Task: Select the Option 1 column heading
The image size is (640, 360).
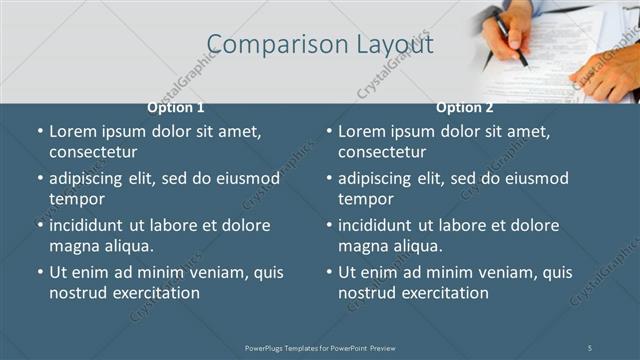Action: point(176,108)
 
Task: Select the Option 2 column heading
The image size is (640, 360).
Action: point(464,108)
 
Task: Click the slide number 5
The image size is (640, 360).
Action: point(590,347)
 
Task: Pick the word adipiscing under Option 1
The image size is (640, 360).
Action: point(88,178)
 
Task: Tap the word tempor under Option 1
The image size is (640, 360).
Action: point(76,199)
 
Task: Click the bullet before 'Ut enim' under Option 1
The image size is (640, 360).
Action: point(40,272)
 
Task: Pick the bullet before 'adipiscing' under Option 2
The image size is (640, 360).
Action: point(329,178)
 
